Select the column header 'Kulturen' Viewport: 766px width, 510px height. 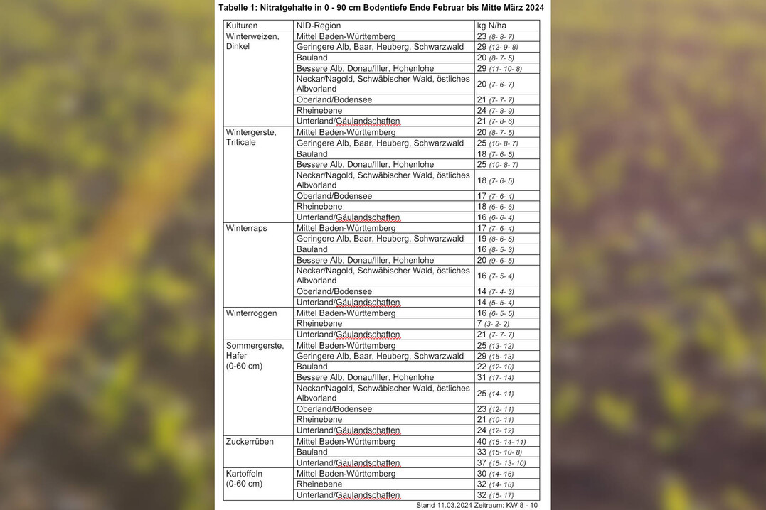click(242, 26)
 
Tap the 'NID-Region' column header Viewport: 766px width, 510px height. click(318, 26)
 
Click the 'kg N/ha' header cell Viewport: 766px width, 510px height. click(491, 26)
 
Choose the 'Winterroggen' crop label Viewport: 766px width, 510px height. click(251, 313)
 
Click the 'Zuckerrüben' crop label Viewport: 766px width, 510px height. click(250, 441)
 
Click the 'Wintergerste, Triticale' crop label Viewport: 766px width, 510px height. click(251, 137)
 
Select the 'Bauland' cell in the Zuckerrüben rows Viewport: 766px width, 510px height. click(312, 452)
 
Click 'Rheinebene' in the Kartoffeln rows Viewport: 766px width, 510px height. click(319, 484)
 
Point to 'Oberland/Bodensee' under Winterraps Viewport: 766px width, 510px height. click(334, 292)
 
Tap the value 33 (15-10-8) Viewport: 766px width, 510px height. click(499, 452)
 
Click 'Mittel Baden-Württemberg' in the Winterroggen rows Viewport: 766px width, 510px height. click(346, 313)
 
